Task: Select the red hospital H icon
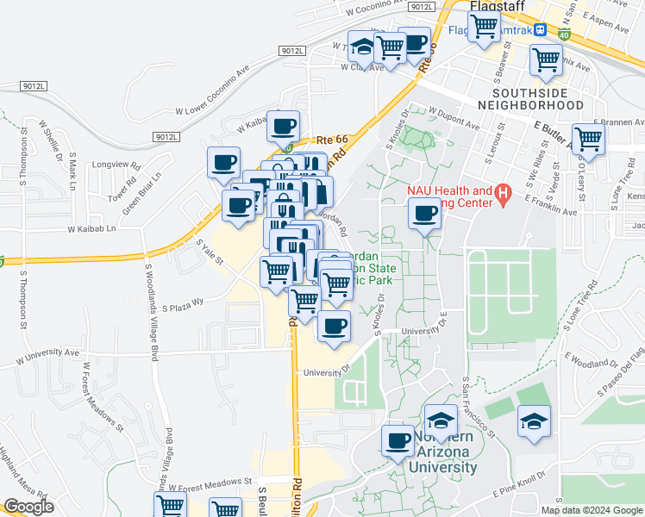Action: coord(505,196)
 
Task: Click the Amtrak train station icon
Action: coord(540,29)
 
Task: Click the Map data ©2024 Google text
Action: coord(591,510)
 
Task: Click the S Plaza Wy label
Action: coord(183,302)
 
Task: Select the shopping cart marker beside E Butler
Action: coord(587,137)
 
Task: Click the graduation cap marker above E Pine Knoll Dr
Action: coord(534,422)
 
